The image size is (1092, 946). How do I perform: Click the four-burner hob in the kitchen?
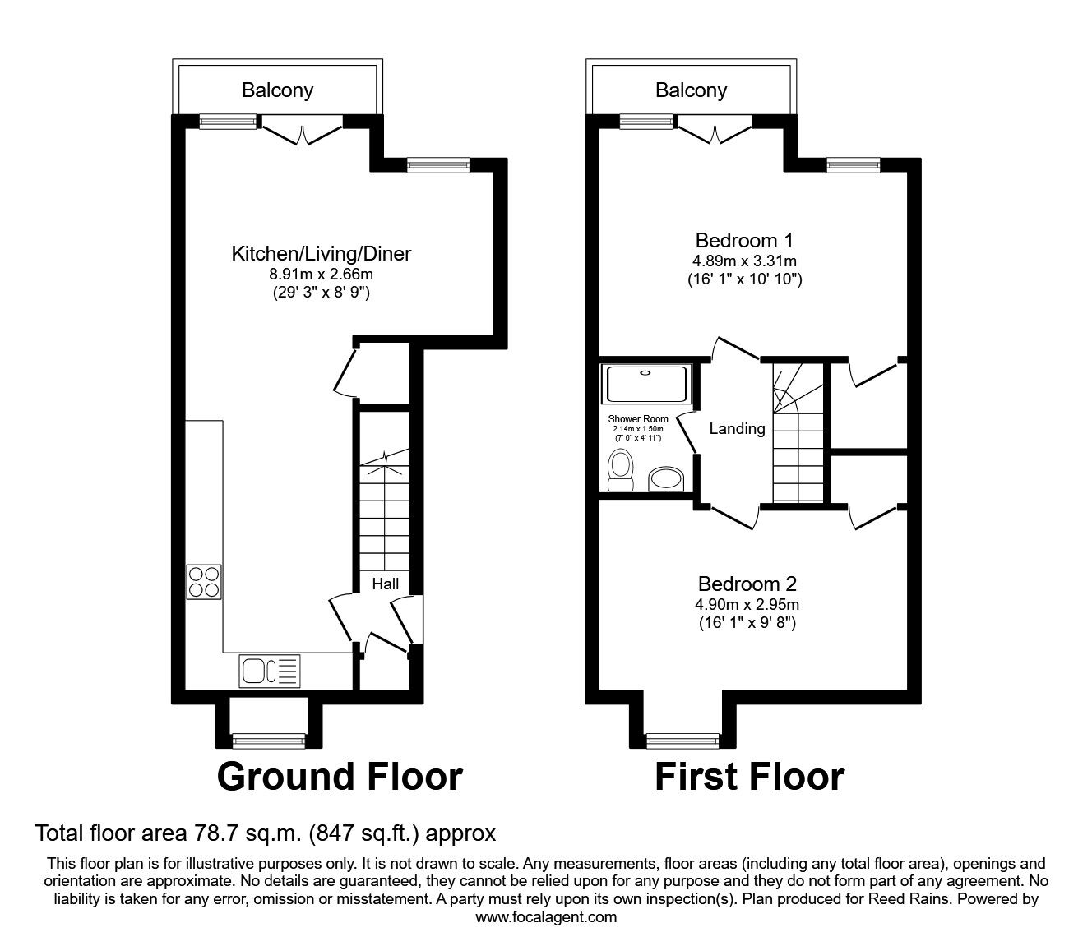coord(204,582)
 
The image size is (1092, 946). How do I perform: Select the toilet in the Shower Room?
coord(621,470)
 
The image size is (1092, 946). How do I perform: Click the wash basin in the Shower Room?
coord(666,479)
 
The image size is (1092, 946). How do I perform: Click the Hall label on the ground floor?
coord(385,584)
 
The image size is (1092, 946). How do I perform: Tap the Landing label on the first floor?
coord(737,428)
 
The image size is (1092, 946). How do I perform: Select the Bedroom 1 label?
coord(744,241)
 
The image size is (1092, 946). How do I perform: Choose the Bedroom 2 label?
coord(747,584)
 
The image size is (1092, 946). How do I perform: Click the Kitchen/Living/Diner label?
coord(321,254)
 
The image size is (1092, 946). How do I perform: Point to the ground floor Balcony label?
coord(277,90)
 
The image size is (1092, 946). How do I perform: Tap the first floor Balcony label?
coord(691,90)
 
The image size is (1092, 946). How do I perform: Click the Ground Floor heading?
coord(340,777)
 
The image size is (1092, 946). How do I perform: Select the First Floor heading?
coord(749,777)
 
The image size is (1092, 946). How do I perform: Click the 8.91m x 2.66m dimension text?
coord(321,275)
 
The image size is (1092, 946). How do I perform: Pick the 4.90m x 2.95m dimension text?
coord(747,605)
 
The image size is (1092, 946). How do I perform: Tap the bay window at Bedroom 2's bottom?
coord(682,741)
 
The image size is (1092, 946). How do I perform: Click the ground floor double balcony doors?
coord(302,133)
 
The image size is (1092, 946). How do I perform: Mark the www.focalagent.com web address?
coord(546,917)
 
